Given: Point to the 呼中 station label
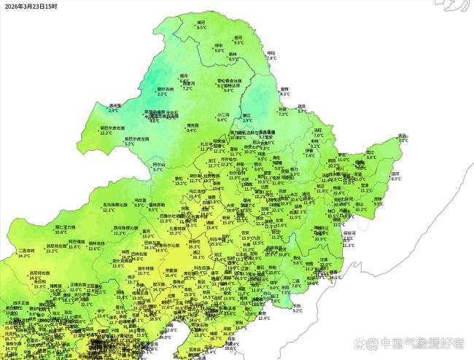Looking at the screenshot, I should pos(219,46).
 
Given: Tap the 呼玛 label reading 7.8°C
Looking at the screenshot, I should pos(271,53).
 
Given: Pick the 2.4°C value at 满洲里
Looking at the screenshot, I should pos(114,111).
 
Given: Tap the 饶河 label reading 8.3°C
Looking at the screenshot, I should pos(395,173).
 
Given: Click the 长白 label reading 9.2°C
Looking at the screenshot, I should pos(297,305).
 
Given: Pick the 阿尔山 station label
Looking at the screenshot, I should pos(158,165).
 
